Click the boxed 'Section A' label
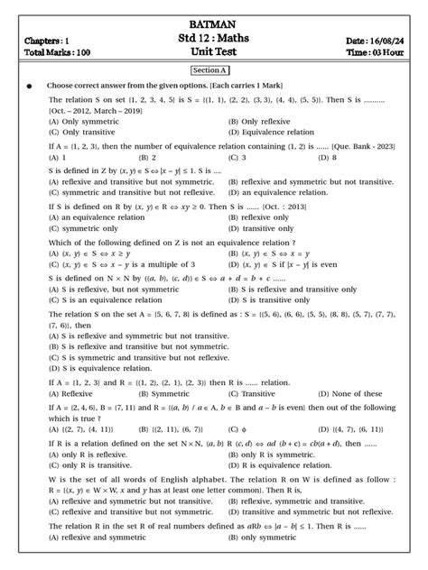(x=213, y=70)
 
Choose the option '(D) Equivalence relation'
(x=272, y=133)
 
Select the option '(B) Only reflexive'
(x=262, y=121)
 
